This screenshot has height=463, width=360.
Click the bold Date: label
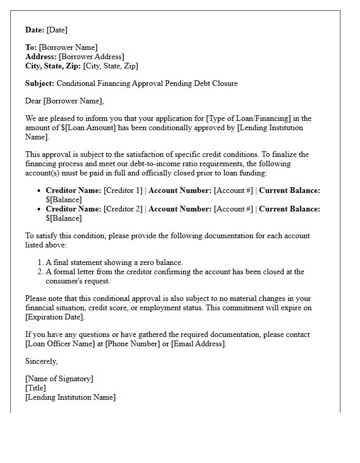click(35, 30)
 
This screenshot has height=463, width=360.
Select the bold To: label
click(31, 47)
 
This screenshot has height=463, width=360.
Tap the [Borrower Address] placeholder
click(92, 57)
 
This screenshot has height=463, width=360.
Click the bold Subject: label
click(40, 83)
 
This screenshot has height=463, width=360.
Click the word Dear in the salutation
click(33, 101)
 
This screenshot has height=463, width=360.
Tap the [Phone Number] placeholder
click(133, 344)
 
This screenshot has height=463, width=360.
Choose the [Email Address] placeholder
click(198, 344)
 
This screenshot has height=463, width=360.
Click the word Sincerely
click(41, 361)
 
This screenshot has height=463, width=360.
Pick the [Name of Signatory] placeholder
click(59, 379)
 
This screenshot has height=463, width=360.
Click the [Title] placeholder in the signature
click(35, 388)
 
